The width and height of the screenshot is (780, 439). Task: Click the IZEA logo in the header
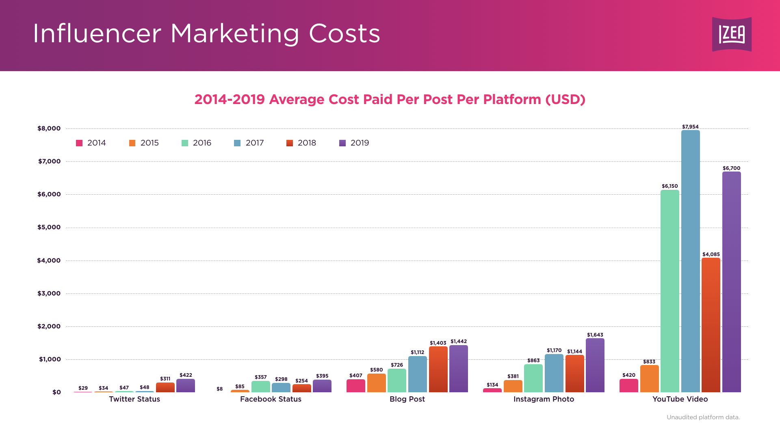732,34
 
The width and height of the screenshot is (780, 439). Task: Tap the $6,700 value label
731,168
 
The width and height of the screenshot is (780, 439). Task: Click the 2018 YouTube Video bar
711,325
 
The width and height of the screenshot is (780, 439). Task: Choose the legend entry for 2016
197,143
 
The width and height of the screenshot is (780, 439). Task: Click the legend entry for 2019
354,143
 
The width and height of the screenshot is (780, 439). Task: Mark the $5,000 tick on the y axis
49,227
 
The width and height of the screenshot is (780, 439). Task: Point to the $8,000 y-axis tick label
49,128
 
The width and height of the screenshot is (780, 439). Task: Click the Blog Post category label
407,399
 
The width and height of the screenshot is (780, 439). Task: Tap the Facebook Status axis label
271,399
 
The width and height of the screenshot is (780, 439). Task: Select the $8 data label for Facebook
219,389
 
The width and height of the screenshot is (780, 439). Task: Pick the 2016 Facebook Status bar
260,387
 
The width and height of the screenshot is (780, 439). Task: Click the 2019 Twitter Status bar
186,386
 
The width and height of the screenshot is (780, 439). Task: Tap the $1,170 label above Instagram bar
554,350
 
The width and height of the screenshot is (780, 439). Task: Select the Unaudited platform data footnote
703,417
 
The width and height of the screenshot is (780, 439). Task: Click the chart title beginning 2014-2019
390,100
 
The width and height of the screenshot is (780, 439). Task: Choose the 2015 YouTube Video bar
649,378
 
